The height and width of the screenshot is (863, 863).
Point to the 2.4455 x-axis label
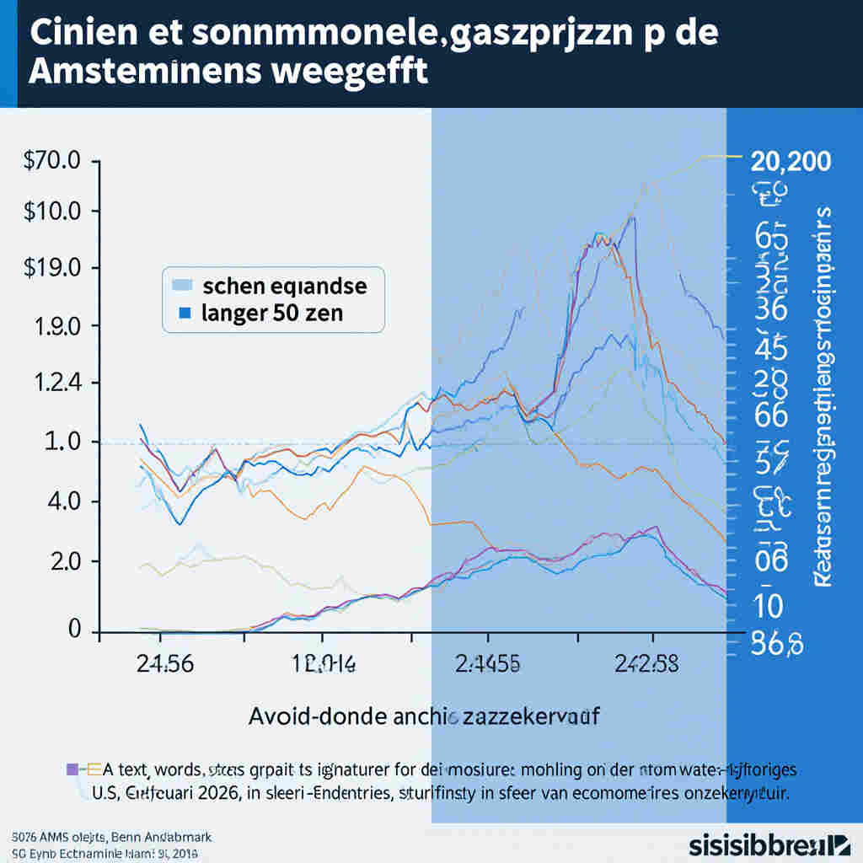tap(486, 664)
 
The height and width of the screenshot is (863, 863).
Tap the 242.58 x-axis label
tap(647, 664)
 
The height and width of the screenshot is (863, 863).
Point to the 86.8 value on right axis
tap(777, 645)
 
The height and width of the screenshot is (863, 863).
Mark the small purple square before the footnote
tap(72, 768)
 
